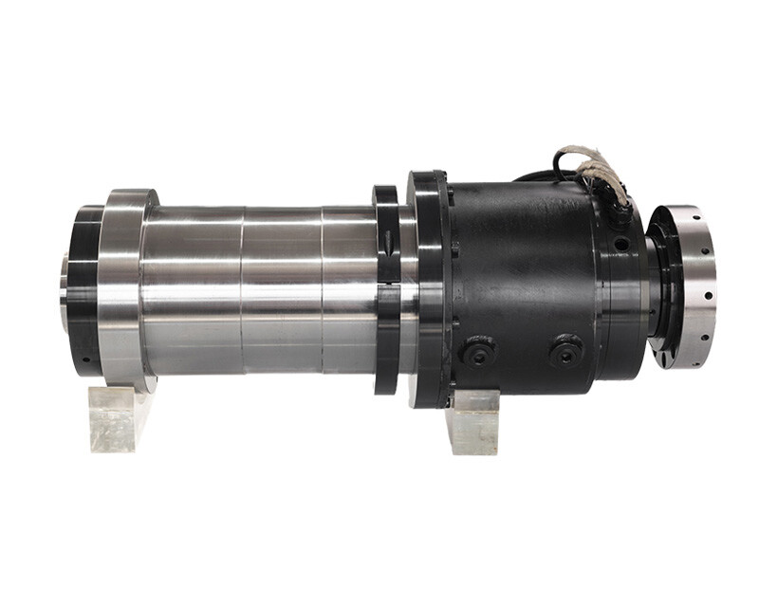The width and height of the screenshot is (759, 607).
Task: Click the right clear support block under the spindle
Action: click(474, 421)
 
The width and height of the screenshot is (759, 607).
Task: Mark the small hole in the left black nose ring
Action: click(84, 359)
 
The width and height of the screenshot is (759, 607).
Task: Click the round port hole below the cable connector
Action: click(621, 244)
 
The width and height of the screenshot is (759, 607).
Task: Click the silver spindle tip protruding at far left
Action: click(64, 285)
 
